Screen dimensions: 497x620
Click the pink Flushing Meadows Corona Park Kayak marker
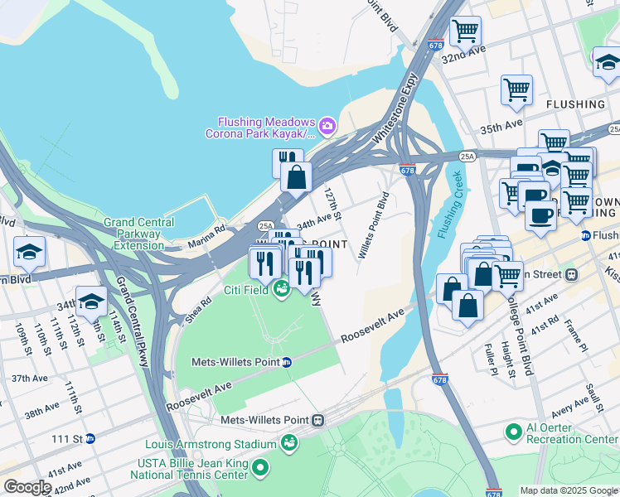point(327,125)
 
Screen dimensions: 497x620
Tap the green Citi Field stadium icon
point(281,290)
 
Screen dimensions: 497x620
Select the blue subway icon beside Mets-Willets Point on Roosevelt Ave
point(286,362)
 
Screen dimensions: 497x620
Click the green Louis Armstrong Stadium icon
point(288,445)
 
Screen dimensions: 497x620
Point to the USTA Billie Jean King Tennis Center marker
point(260,470)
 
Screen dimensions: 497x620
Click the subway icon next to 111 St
point(90,438)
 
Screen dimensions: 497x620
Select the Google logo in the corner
point(27,487)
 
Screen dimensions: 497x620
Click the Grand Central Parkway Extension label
point(138,234)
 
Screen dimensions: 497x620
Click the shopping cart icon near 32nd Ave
point(465,31)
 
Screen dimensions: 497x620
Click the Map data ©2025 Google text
point(569,490)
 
